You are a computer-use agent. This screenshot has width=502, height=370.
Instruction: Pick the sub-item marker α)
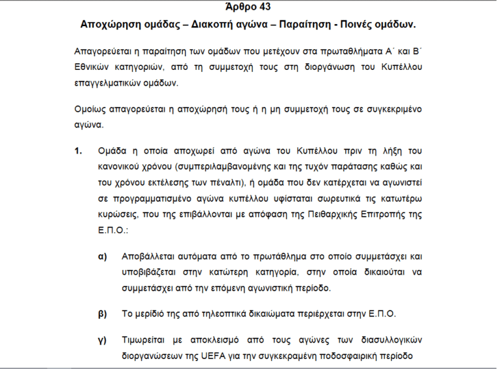(x=102, y=256)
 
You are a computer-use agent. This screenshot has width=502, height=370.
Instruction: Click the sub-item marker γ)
(x=102, y=340)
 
